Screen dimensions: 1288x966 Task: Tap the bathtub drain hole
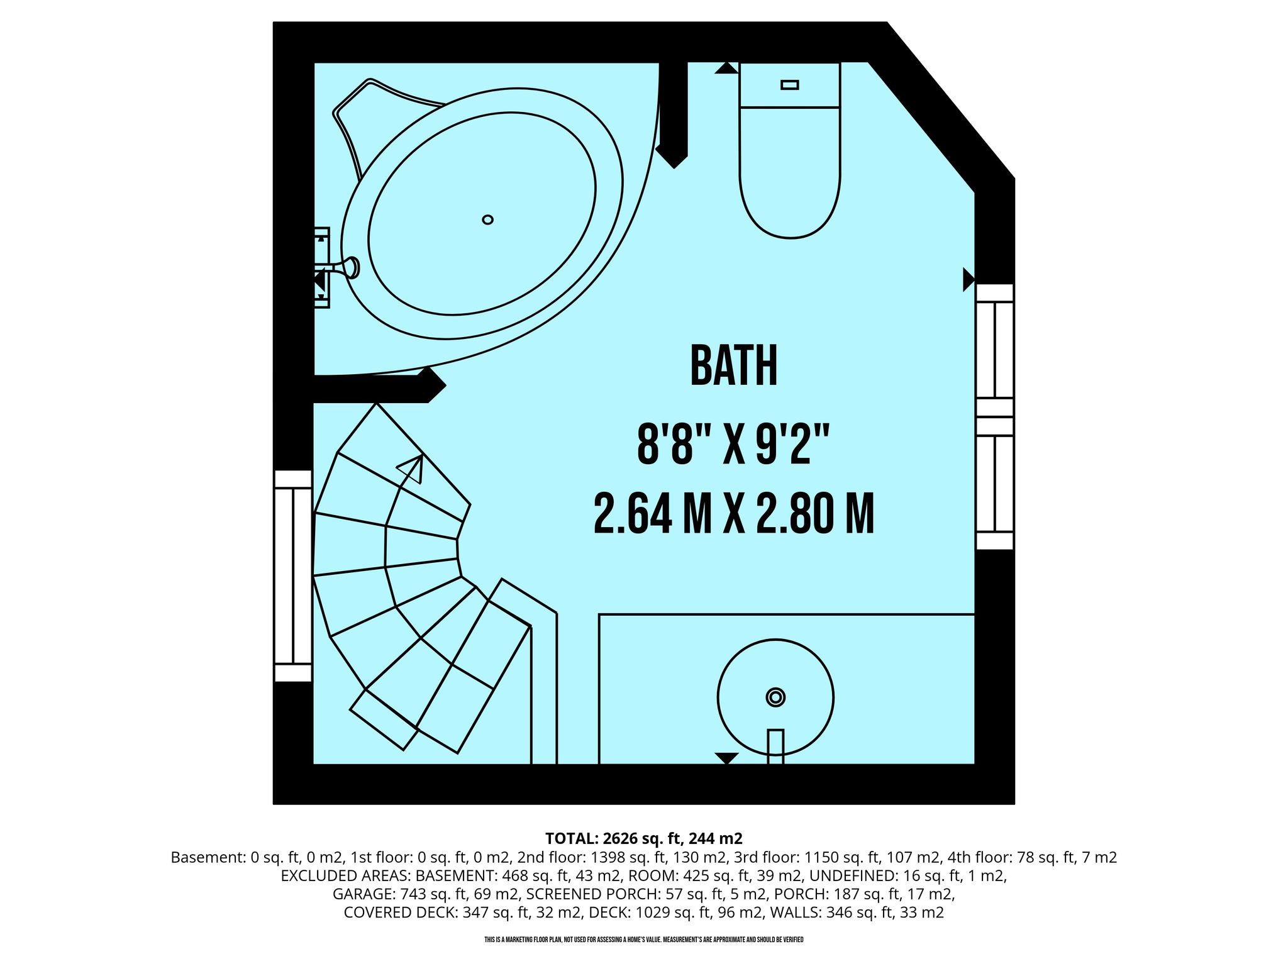click(487, 219)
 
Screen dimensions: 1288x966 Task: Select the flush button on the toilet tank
click(789, 85)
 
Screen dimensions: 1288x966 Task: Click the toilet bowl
click(790, 173)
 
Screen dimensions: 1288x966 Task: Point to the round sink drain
click(775, 697)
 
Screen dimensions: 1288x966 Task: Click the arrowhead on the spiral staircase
click(412, 467)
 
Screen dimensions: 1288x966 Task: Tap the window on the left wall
click(293, 575)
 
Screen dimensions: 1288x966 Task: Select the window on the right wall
click(994, 416)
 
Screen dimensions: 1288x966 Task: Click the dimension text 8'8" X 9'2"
click(734, 444)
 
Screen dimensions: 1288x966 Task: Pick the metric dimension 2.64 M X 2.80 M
click(734, 514)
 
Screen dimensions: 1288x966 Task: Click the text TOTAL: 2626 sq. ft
click(615, 838)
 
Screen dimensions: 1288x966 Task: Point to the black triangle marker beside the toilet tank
click(726, 68)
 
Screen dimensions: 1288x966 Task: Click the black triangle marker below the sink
click(726, 758)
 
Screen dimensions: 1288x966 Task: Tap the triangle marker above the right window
click(969, 280)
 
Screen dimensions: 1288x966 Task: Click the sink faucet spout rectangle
click(775, 747)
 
